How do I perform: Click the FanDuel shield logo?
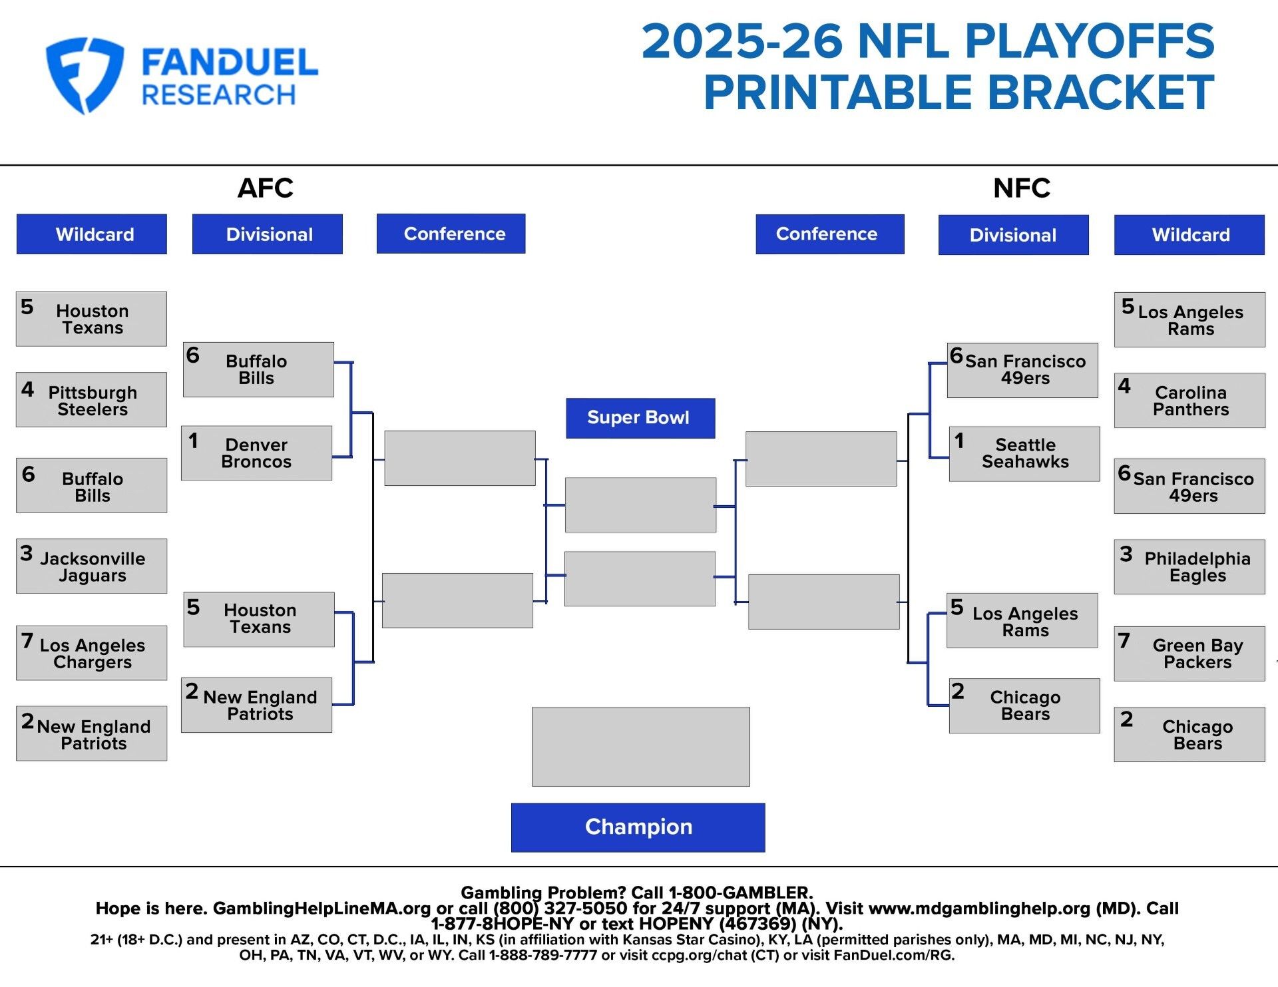click(85, 75)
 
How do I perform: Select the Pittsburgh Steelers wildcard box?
click(91, 399)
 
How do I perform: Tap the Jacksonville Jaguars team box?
click(91, 566)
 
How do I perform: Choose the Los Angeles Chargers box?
click(91, 652)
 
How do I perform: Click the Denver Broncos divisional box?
click(256, 453)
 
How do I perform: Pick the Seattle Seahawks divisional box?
click(1024, 453)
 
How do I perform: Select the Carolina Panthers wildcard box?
click(1189, 400)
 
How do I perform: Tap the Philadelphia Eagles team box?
click(1189, 566)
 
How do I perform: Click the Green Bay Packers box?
click(1189, 653)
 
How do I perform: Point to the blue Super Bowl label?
click(640, 418)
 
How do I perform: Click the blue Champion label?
click(638, 827)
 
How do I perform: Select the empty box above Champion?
click(640, 746)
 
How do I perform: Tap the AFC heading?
click(266, 188)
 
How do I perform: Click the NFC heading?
click(1022, 188)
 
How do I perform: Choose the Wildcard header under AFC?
click(92, 234)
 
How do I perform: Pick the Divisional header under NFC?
click(1013, 234)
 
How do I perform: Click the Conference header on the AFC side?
click(451, 234)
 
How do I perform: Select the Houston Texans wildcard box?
click(91, 319)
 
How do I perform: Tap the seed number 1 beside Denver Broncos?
click(193, 441)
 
